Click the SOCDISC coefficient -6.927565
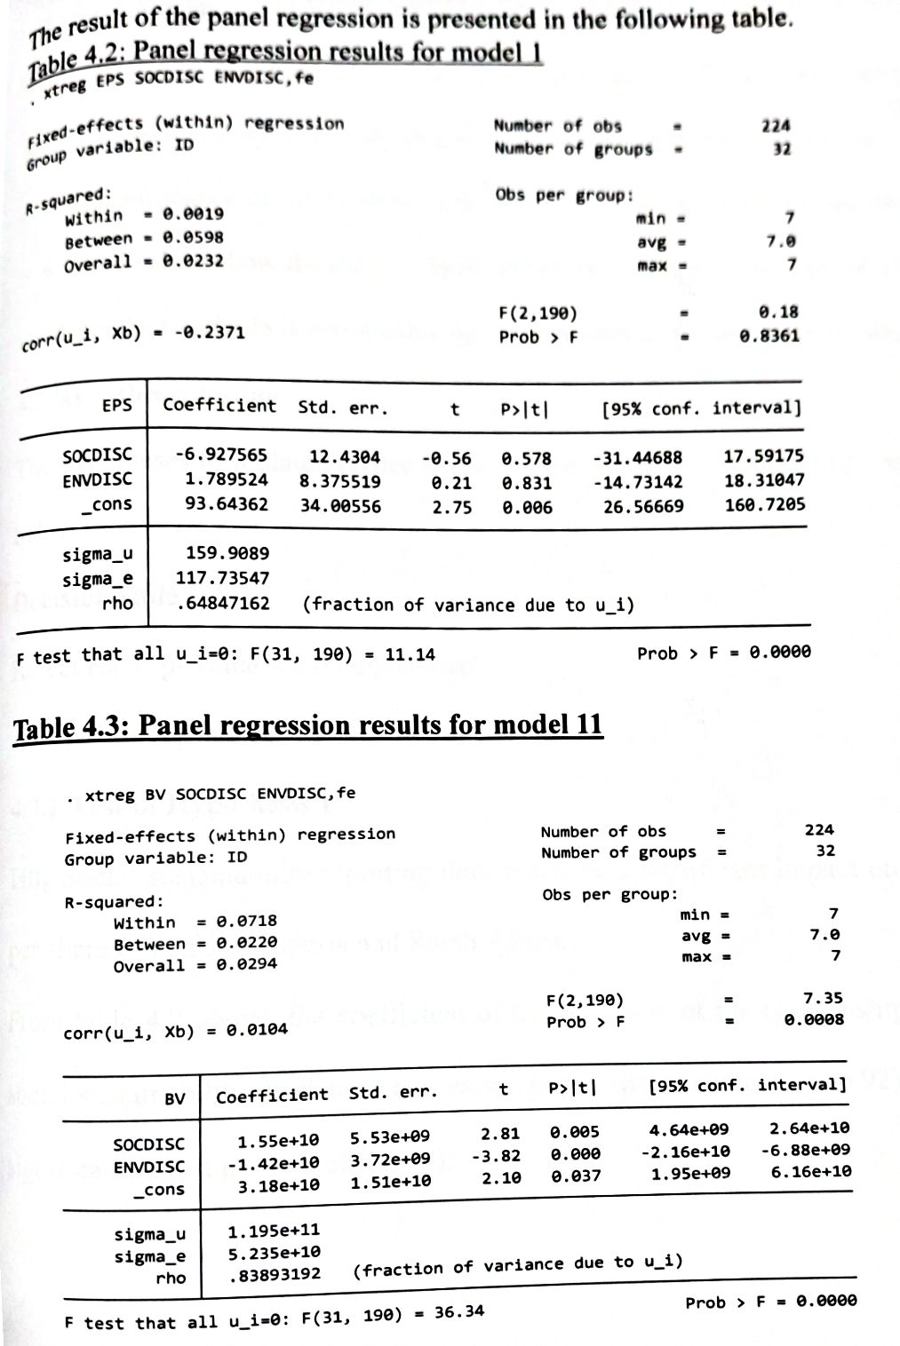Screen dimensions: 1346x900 pos(220,455)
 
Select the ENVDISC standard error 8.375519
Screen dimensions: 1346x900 pos(339,481)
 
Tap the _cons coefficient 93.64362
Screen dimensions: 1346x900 pos(226,503)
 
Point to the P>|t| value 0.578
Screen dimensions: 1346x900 pos(526,458)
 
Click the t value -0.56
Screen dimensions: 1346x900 pos(446,458)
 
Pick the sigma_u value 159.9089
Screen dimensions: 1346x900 pos(227,553)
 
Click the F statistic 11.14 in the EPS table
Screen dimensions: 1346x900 pos(410,654)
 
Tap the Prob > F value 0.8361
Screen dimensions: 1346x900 pos(769,336)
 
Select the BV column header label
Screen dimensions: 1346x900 pos(175,1098)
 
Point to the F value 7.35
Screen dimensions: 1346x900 pos(823,998)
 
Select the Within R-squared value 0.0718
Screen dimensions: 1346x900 pos(247,922)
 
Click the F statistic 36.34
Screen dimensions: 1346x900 pos(458,1310)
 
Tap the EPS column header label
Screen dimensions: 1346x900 pos(116,405)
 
